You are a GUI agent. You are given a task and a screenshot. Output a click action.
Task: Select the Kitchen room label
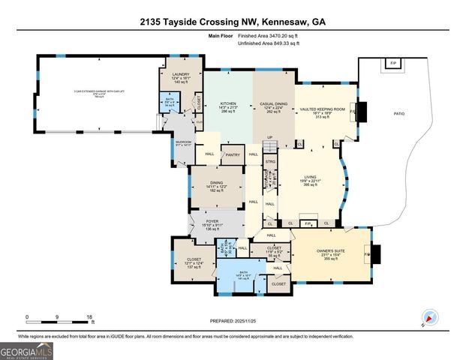click(228, 104)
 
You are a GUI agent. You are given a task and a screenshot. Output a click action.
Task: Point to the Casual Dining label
click(272, 104)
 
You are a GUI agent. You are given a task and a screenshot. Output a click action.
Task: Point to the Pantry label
click(233, 154)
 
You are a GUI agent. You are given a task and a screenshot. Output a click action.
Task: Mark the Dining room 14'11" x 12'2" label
click(216, 183)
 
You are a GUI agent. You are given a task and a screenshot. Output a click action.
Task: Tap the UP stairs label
click(270, 137)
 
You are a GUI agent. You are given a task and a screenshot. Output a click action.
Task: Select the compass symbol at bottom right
click(429, 316)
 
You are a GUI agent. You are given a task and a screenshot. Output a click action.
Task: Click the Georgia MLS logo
click(27, 349)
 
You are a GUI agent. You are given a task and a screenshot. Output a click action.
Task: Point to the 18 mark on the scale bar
click(89, 317)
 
